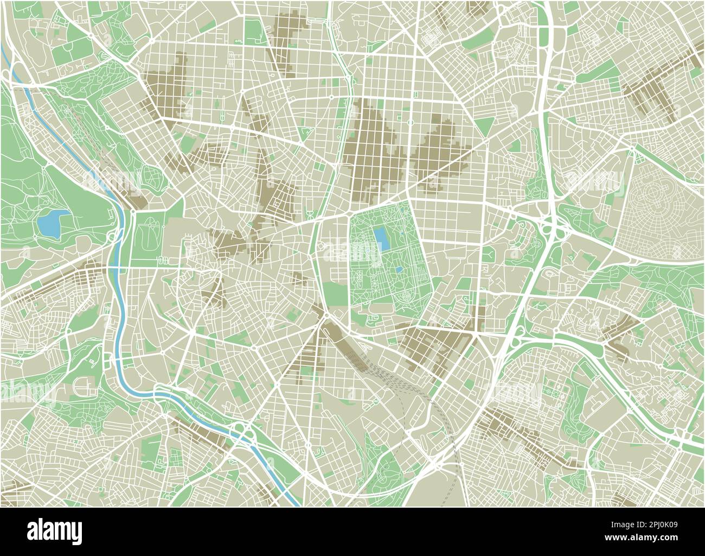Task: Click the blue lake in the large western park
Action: (53, 223)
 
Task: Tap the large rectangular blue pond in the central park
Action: (381, 239)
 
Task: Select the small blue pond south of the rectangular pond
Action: (399, 269)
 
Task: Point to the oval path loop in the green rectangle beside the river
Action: (147, 236)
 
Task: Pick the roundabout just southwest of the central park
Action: (326, 316)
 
